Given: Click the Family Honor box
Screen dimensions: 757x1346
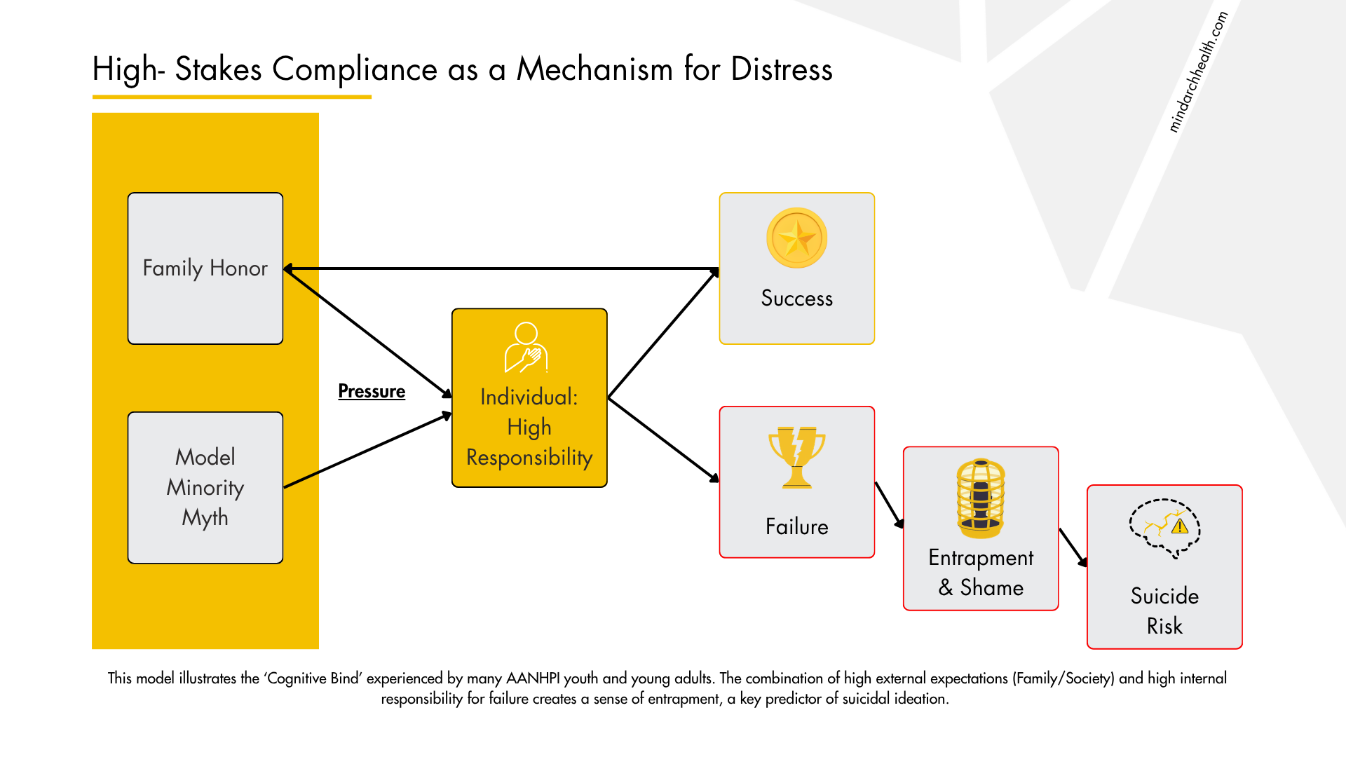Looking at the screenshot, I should (205, 268).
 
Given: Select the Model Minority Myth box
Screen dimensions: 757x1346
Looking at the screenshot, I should (205, 487).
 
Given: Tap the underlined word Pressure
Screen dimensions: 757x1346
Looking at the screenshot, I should (372, 391).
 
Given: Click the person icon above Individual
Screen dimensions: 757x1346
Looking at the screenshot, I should (526, 347).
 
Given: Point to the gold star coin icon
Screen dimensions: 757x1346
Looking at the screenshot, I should (796, 238).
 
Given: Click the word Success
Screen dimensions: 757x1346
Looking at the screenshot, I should (796, 299).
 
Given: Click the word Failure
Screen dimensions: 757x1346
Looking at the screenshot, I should (796, 526).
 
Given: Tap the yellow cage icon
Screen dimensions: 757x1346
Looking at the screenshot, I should (981, 498).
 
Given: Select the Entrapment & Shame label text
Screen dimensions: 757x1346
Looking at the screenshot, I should (981, 572).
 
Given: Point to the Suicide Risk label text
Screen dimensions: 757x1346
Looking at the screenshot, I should (1164, 611).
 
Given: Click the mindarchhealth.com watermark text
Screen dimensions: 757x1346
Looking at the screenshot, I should (1197, 72).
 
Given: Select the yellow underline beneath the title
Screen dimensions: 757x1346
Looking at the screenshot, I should (231, 97).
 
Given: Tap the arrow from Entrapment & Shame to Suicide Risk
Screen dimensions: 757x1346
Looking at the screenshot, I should (1073, 547).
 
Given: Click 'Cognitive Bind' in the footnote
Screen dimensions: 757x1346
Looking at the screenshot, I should (313, 678).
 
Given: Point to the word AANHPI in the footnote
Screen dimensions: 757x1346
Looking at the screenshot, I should (533, 678).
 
